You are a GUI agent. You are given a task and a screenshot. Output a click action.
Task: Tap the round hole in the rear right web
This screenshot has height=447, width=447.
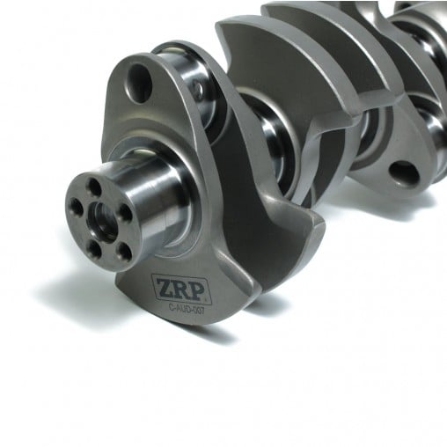404,172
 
